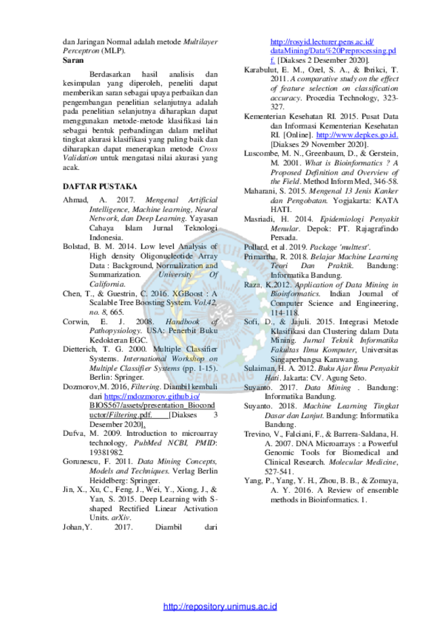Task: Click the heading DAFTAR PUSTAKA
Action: point(100,186)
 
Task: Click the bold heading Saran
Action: point(73,60)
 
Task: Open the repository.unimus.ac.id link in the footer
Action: point(220,606)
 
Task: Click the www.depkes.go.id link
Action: point(357,135)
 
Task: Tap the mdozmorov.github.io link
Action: point(152,397)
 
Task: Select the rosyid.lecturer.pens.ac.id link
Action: point(322,42)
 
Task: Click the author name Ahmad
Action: point(75,200)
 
